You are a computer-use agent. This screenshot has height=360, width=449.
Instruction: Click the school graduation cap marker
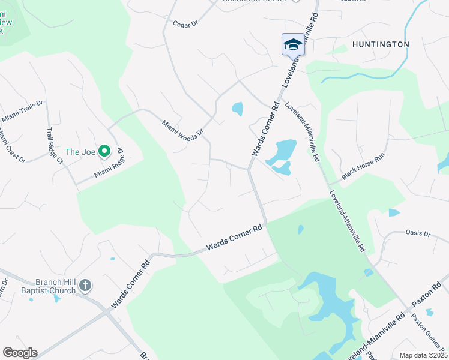[293, 44]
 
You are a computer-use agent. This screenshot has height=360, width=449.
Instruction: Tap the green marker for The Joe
[104, 152]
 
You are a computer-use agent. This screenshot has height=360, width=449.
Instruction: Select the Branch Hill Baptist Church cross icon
[85, 285]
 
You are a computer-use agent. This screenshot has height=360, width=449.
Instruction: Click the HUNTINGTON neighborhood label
[381, 44]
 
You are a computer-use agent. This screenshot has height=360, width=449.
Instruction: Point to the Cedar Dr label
[185, 23]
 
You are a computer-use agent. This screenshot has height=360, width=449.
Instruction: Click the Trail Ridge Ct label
[55, 146]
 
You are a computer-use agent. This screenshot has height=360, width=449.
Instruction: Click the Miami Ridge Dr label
[109, 163]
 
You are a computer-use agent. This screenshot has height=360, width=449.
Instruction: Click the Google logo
[20, 353]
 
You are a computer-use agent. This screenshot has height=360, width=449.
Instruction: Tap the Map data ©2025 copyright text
[423, 355]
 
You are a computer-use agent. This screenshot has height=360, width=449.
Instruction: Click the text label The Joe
[80, 152]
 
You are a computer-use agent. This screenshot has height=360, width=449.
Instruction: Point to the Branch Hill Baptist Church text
[46, 286]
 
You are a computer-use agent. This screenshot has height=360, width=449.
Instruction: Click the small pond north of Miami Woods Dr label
[238, 109]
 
